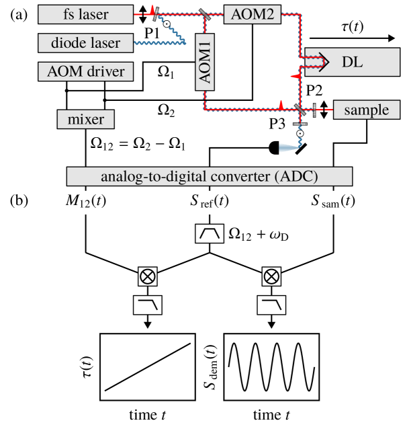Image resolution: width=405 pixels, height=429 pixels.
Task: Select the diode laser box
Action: point(85,43)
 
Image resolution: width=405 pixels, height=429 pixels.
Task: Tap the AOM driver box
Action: point(85,71)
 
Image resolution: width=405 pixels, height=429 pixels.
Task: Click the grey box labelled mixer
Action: point(85,120)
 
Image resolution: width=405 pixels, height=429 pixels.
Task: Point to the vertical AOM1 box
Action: point(207,61)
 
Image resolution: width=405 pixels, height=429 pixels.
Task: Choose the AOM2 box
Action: point(253,14)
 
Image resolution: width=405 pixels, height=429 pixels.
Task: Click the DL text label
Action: point(352,63)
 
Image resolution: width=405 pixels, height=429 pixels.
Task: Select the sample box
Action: point(366,110)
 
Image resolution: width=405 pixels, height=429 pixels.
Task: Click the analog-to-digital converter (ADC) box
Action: point(209,177)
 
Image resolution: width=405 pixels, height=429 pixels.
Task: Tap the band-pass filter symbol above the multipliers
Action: point(209,233)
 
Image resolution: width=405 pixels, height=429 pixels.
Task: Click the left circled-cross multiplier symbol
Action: point(147,276)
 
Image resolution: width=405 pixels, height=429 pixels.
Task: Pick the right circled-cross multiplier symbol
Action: point(271,276)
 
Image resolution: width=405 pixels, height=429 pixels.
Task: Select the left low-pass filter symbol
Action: point(148,306)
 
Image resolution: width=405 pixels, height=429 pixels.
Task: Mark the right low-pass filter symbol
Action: point(271,306)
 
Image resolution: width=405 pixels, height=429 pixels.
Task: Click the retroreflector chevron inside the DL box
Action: point(322,63)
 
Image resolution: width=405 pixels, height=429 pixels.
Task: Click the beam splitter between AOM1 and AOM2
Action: point(203,13)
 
